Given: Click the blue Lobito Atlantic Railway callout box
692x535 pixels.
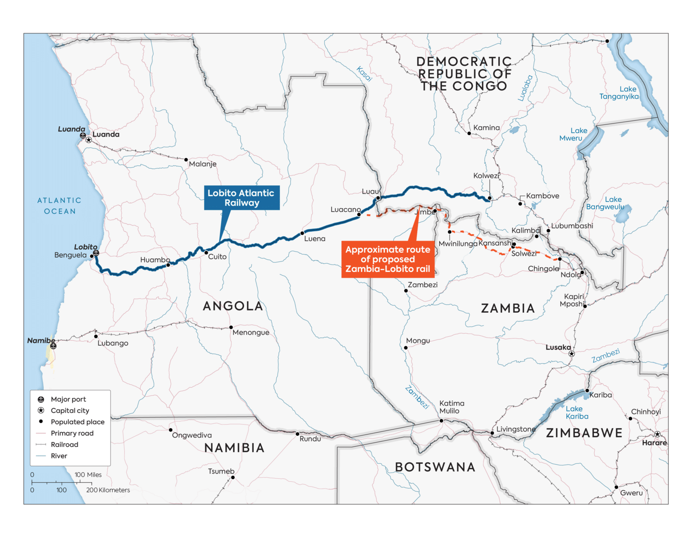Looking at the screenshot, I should (241, 198).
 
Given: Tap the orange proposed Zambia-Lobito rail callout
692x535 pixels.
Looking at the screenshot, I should (388, 259).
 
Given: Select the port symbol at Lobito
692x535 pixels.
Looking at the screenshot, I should (96, 253).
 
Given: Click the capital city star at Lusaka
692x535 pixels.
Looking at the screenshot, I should (571, 354).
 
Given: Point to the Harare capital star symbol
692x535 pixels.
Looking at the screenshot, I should (657, 434).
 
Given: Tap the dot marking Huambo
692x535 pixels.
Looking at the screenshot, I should (168, 265).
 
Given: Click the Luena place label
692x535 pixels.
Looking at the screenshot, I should (314, 239).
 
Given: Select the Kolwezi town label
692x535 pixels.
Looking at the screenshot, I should (486, 176).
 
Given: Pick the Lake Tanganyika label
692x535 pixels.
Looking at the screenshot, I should (619, 93).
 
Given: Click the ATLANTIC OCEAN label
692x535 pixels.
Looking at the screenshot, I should (59, 206).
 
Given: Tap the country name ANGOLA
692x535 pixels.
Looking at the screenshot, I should (233, 306).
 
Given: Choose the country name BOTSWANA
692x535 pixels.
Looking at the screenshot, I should (435, 467).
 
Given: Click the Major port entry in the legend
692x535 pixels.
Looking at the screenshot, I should (68, 399).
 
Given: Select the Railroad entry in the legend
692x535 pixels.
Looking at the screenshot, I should (64, 444).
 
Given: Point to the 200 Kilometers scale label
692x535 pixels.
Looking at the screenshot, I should (108, 490).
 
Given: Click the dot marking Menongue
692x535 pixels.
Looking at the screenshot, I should (231, 328).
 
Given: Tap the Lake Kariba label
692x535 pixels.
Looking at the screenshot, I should (577, 413).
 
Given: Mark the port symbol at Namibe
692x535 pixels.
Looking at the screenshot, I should (53, 346).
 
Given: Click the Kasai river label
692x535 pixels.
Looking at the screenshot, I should (364, 73).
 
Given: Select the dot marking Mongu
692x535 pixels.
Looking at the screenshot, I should (406, 348).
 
